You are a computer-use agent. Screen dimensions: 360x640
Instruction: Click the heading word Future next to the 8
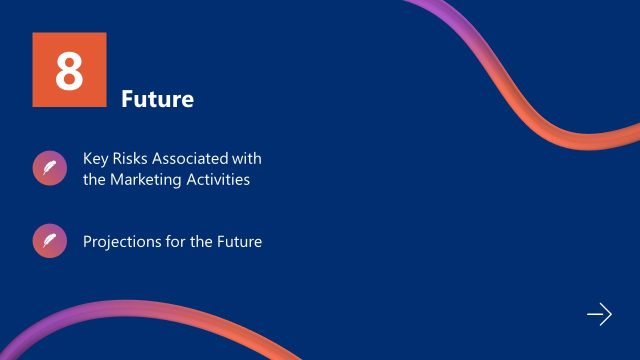[x=157, y=100]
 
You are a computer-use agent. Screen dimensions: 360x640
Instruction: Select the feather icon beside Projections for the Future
[x=48, y=241]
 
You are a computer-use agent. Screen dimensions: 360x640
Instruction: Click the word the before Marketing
[x=95, y=180]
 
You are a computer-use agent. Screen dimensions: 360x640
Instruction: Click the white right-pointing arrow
[x=598, y=315]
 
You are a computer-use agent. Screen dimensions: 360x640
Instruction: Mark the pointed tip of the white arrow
[x=610, y=315]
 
